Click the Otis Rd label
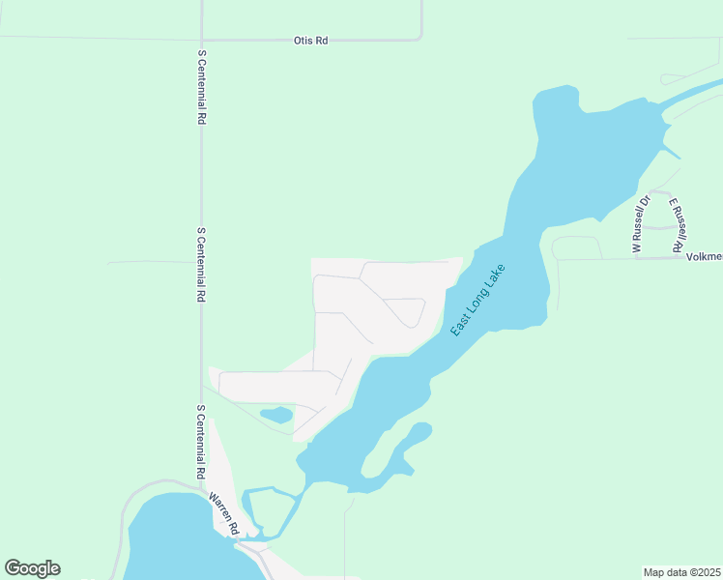click(x=311, y=41)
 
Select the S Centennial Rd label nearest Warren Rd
click(x=201, y=442)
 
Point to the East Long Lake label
click(x=479, y=301)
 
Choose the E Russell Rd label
click(x=680, y=221)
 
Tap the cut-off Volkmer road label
click(x=704, y=257)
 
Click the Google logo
click(x=32, y=568)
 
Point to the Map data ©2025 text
click(x=682, y=572)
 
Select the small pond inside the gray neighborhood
click(x=276, y=415)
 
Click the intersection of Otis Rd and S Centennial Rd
click(x=201, y=41)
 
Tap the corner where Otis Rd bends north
click(x=420, y=38)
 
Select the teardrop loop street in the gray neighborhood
click(x=406, y=311)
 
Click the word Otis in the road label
click(x=304, y=41)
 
